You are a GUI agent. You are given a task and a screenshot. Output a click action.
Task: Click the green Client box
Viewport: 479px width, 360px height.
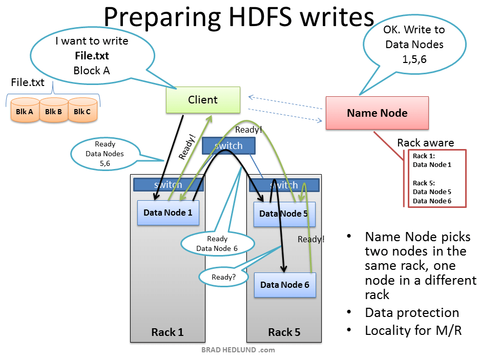click(x=203, y=100)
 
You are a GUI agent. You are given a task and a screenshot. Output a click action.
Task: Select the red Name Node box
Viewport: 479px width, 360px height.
click(x=377, y=113)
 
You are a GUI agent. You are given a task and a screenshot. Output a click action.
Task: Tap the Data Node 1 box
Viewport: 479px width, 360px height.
click(x=168, y=213)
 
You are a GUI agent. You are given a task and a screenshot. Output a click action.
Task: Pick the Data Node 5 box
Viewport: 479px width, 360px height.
click(x=284, y=214)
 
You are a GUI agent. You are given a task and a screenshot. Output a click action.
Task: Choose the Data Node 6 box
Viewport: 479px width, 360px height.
click(x=285, y=285)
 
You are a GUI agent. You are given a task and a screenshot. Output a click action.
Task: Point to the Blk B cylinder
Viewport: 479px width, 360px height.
click(x=54, y=111)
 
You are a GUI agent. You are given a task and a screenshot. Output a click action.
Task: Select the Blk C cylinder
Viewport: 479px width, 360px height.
click(x=82, y=111)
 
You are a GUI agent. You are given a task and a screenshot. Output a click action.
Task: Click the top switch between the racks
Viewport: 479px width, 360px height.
click(x=228, y=146)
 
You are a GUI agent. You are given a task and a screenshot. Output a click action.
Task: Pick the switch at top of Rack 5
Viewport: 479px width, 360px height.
click(x=284, y=185)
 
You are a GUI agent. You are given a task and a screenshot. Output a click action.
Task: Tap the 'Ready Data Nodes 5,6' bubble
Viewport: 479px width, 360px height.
click(x=105, y=153)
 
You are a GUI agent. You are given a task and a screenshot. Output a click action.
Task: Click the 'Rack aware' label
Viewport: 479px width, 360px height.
click(x=425, y=143)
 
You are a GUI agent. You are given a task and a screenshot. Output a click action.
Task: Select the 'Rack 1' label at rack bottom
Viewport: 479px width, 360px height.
click(x=167, y=332)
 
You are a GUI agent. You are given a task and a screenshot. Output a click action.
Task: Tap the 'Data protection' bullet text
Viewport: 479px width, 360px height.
click(x=412, y=313)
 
